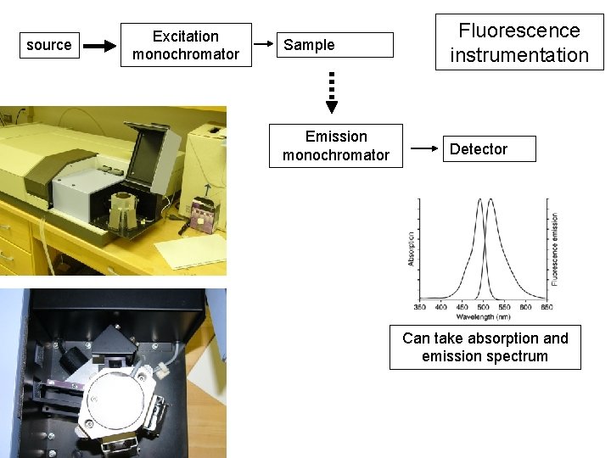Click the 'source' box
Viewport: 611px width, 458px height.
[49, 45]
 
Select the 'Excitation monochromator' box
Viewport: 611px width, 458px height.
[185, 46]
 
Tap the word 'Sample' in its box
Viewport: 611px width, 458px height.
[309, 45]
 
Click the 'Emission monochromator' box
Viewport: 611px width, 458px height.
[336, 146]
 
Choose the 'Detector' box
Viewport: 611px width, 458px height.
[479, 149]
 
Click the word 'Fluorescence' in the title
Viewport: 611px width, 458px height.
[519, 31]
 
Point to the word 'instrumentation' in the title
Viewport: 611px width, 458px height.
[519, 56]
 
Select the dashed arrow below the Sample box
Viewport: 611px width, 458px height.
[332, 91]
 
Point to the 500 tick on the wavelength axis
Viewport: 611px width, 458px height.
[482, 306]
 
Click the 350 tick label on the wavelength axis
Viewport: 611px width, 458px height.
[420, 306]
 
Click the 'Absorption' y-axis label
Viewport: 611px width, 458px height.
[412, 249]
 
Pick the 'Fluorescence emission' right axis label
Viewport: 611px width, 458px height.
[555, 249]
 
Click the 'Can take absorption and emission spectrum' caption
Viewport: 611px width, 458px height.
[485, 347]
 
